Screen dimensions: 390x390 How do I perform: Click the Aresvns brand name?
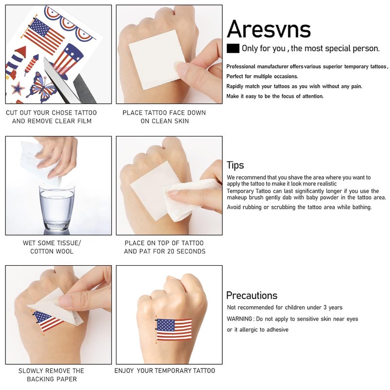[269, 29]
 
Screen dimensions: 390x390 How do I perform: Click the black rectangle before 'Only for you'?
[233, 48]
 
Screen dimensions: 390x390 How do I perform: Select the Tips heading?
[235, 165]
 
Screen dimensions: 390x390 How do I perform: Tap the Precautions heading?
[252, 295]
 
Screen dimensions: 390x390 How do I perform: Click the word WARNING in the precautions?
[239, 319]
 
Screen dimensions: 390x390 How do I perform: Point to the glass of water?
[57, 208]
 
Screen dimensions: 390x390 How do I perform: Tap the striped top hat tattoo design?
[67, 61]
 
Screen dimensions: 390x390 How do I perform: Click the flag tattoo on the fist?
[174, 330]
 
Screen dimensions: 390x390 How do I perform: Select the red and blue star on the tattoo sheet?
[18, 89]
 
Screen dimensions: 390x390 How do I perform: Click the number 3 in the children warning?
[325, 308]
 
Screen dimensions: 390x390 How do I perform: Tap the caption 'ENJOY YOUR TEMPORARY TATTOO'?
[165, 370]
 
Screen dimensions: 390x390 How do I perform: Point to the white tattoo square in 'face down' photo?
[156, 59]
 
